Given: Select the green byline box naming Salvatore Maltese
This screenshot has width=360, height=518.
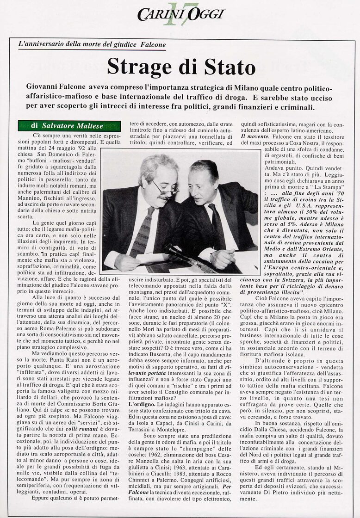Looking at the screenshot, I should tap(69, 126).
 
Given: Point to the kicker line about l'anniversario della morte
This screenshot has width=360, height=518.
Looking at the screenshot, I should tap(92, 44).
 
